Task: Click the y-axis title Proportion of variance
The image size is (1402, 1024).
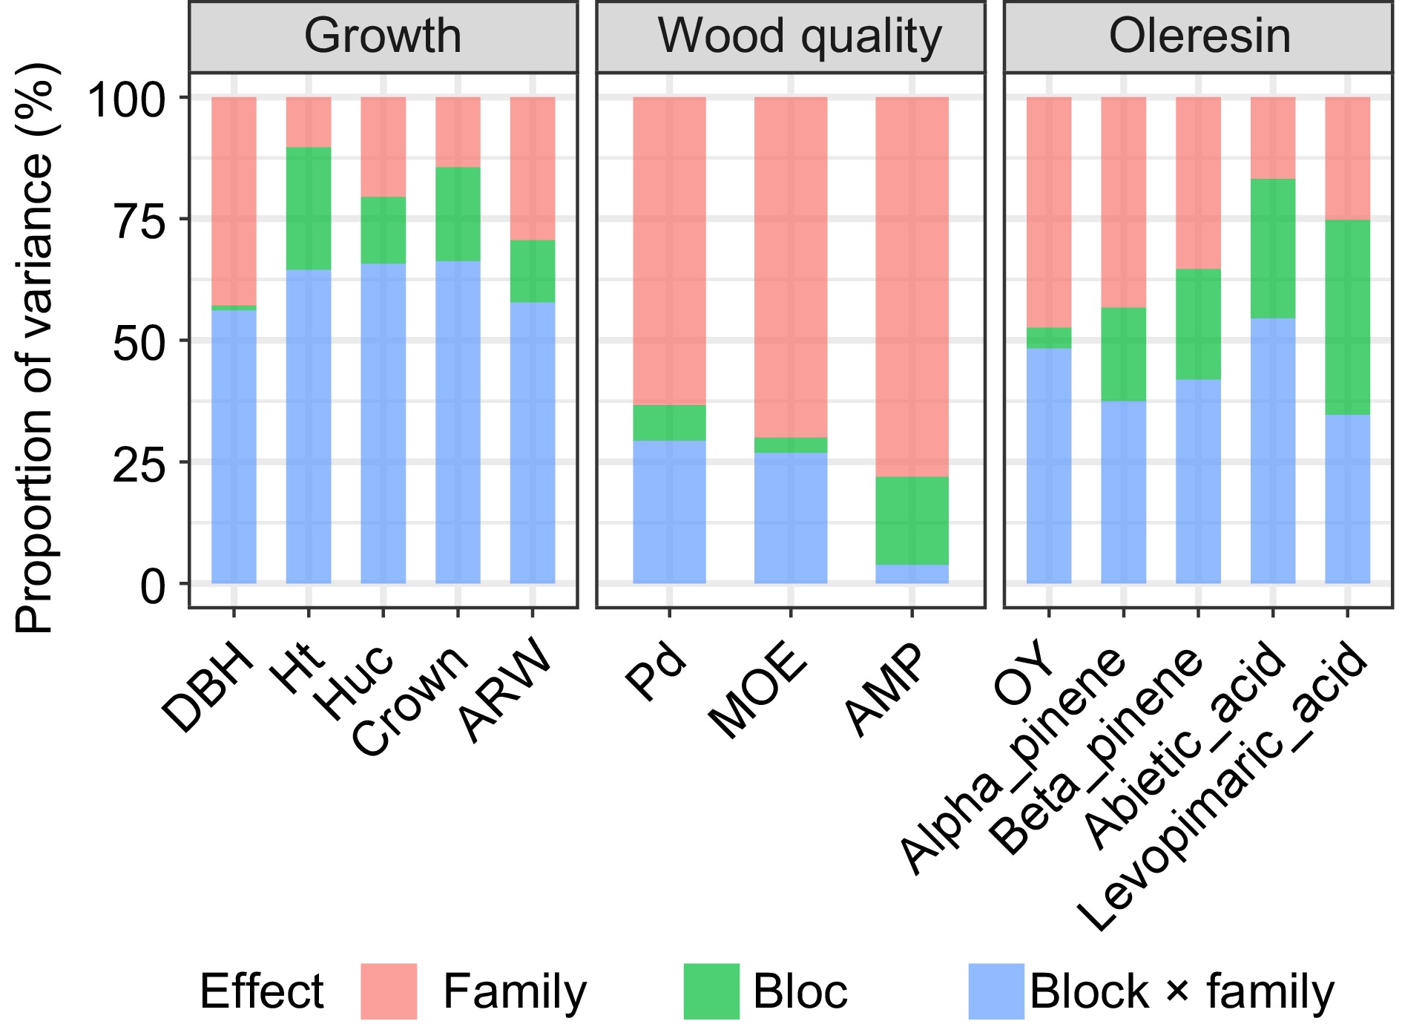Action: point(35,349)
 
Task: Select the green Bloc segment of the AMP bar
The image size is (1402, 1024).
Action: point(912,520)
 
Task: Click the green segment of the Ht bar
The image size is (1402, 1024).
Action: point(309,208)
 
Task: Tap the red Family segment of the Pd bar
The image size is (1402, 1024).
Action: point(669,251)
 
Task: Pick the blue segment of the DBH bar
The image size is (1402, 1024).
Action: point(234,445)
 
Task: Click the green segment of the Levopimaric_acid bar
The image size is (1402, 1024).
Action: point(1347,317)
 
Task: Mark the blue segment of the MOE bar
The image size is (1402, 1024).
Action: point(791,517)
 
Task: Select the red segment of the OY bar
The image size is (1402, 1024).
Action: point(1049,211)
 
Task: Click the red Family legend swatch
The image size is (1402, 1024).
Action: point(389,991)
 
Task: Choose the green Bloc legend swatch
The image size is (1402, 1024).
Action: point(711,991)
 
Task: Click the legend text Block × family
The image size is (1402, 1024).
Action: point(1181,991)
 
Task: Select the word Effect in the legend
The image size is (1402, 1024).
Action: point(261,991)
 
